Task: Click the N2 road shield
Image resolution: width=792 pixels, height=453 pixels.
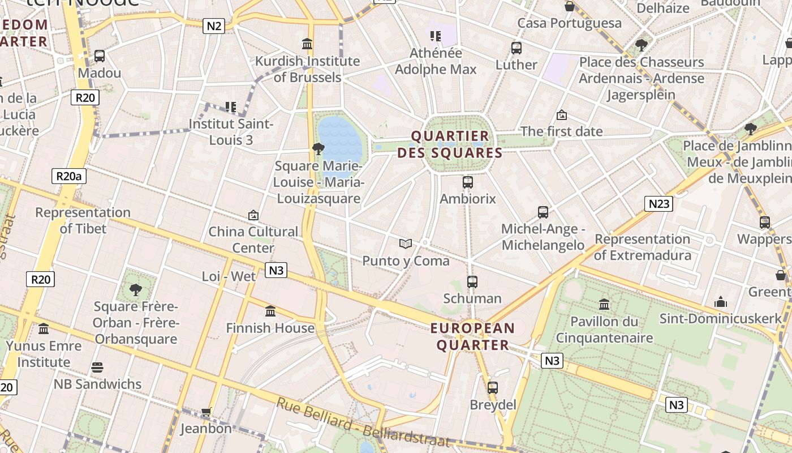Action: coord(214,25)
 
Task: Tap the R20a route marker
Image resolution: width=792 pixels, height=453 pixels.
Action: coord(69,176)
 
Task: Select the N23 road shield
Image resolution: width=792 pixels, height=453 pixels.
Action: coord(658,204)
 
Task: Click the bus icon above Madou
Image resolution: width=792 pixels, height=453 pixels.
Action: coord(100,56)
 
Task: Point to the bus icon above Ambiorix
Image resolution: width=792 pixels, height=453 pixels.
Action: coord(468,182)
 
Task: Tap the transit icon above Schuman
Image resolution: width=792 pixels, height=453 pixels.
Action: coord(472,281)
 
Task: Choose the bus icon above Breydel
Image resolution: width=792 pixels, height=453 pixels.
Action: coord(493,388)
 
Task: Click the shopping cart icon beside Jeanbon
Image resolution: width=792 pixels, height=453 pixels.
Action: coord(206,412)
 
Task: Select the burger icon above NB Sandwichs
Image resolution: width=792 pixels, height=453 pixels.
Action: coord(97,367)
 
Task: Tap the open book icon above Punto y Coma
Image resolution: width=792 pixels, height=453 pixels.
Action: coord(405,244)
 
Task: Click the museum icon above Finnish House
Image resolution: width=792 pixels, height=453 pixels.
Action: coord(270,311)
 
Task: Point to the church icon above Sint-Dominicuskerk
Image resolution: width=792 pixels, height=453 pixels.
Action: coord(721,301)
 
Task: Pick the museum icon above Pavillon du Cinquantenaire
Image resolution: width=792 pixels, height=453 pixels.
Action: coord(604,305)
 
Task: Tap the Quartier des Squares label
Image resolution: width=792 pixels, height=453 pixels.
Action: coord(450,144)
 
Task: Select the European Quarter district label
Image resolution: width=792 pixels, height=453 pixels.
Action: coord(472,336)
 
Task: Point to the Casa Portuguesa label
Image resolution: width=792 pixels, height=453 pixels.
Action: coord(569,23)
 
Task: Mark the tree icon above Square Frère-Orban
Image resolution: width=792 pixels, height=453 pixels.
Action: coord(136,290)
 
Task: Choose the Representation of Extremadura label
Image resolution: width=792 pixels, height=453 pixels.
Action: coord(642,247)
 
